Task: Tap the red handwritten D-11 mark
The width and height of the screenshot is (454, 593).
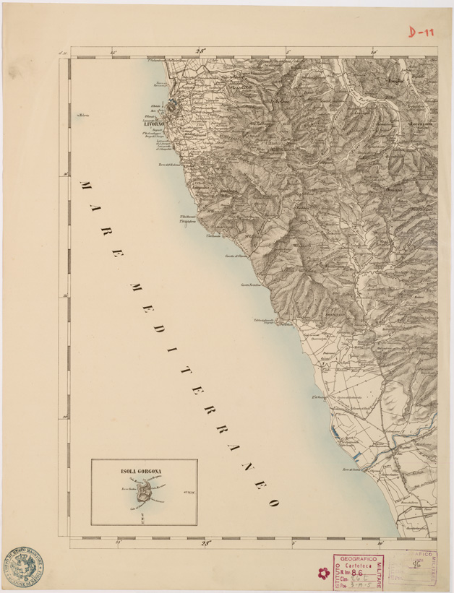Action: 421,32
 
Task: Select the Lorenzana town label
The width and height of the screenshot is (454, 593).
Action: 419,124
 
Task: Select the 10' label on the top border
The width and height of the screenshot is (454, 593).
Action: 374,51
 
